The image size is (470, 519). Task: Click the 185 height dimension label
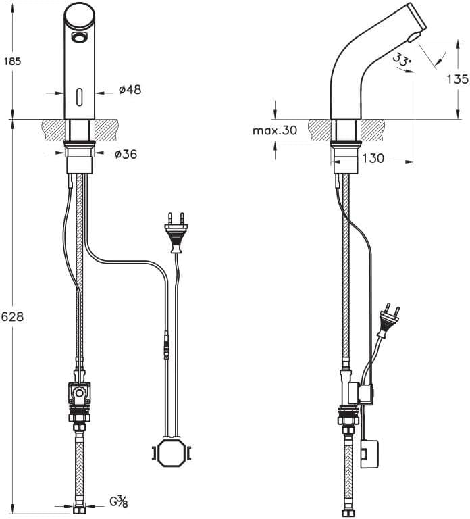click(x=13, y=61)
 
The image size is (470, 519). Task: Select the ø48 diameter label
click(x=130, y=89)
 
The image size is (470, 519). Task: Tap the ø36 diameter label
click(x=126, y=155)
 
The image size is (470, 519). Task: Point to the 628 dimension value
click(x=13, y=316)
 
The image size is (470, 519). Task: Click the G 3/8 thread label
click(x=119, y=502)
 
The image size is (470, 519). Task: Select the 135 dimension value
click(x=457, y=79)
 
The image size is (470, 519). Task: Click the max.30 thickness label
click(x=275, y=130)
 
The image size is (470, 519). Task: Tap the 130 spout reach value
click(x=372, y=159)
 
